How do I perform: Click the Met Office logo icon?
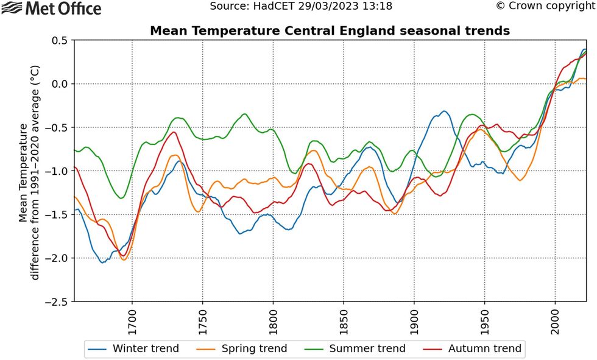pyautogui.click(x=11, y=9)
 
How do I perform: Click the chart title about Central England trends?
pyautogui.click(x=330, y=30)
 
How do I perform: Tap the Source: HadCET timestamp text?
pyautogui.click(x=301, y=7)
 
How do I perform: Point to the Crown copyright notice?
pyautogui.click(x=545, y=7)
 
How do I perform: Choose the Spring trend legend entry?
pyautogui.click(x=242, y=348)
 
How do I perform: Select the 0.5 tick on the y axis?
pyautogui.click(x=59, y=40)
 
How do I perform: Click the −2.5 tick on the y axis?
pyautogui.click(x=57, y=302)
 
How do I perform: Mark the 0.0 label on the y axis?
pyautogui.click(x=59, y=83)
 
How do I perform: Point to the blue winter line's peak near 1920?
pyautogui.click(x=445, y=111)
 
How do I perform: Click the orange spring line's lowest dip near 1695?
pyautogui.click(x=124, y=260)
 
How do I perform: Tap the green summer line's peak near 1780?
pyautogui.click(x=245, y=114)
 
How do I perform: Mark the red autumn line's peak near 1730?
pyautogui.click(x=174, y=132)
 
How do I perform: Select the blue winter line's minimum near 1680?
pyautogui.click(x=102, y=263)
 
